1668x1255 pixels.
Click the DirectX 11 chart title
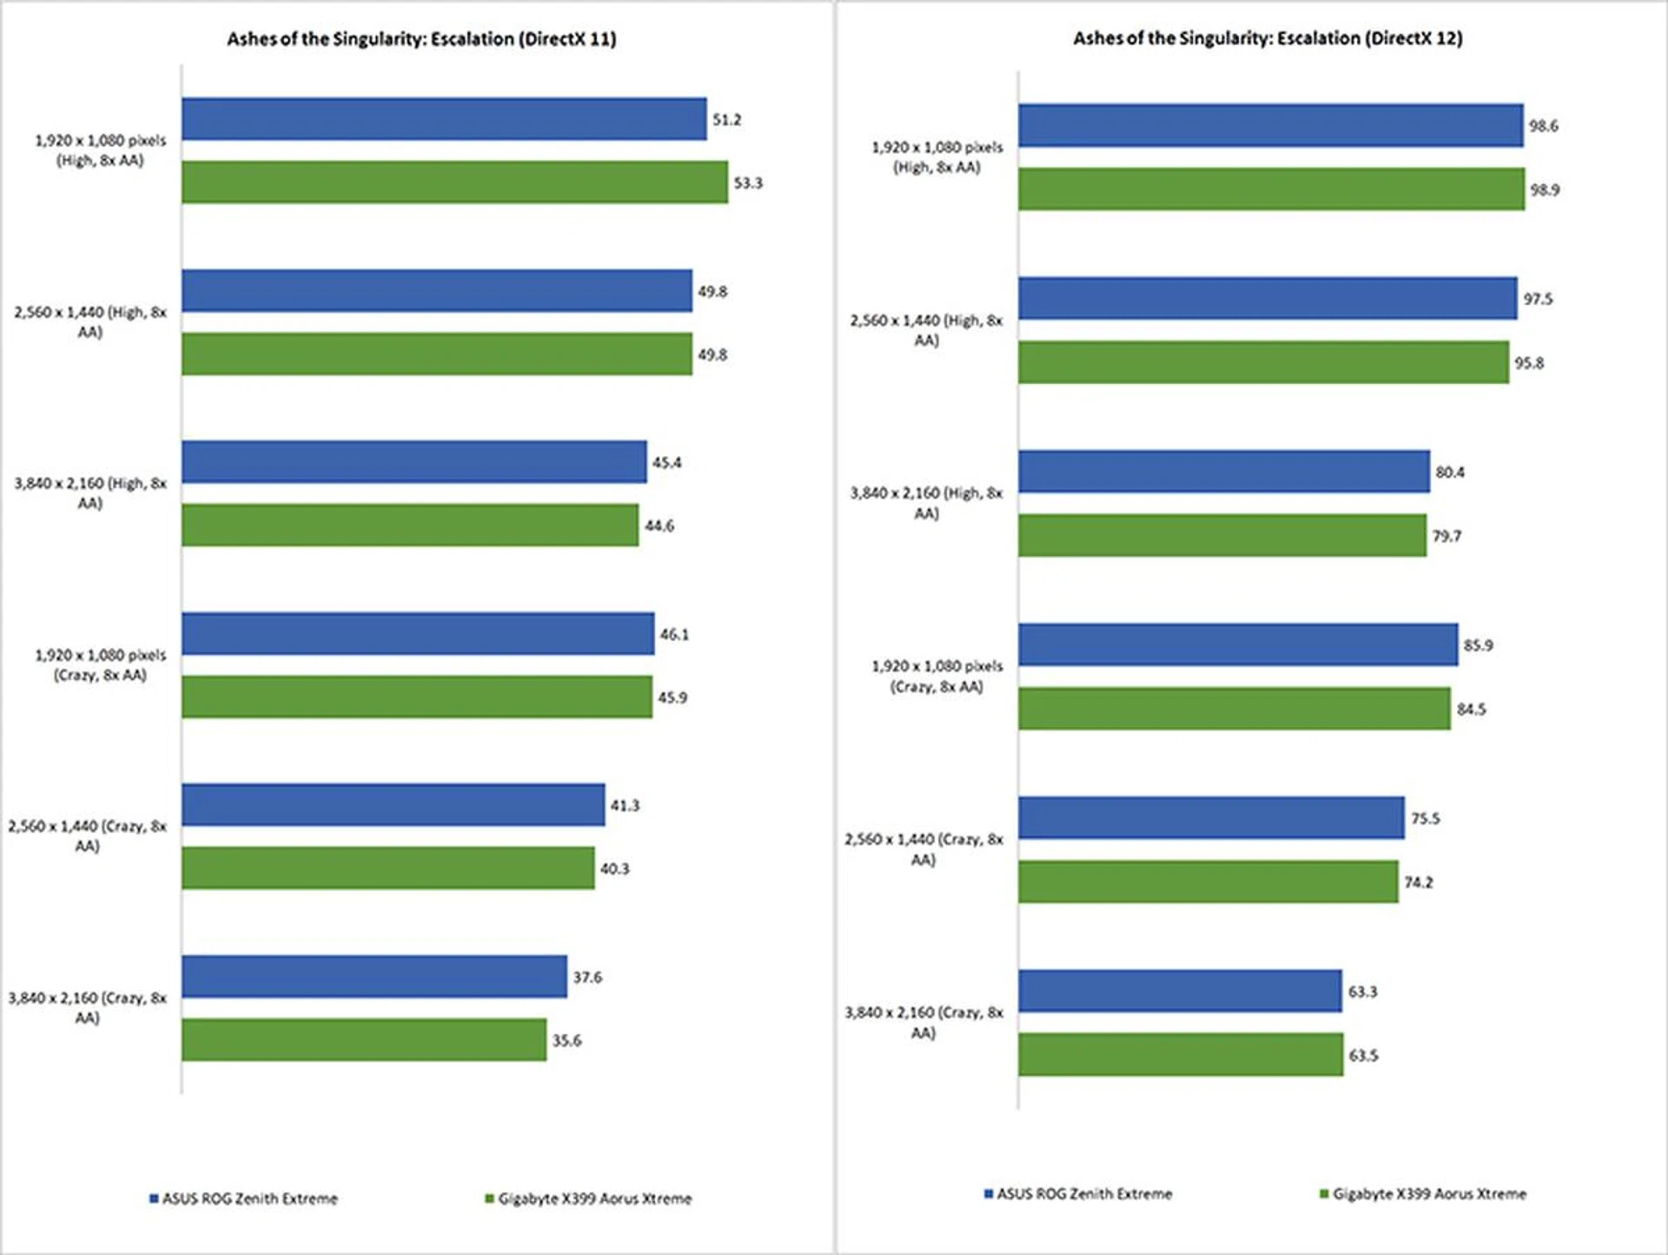point(421,39)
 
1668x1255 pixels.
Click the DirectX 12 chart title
point(1268,38)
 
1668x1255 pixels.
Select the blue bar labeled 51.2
point(444,119)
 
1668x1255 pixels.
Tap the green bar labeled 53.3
point(454,182)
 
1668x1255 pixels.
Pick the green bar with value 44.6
point(410,525)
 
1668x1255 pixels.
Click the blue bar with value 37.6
point(374,976)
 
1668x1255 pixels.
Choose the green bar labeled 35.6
point(364,1040)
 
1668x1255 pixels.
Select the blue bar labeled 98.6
point(1271,126)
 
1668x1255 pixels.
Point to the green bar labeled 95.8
point(1264,362)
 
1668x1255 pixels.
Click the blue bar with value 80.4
point(1224,472)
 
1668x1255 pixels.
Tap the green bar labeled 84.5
point(1234,709)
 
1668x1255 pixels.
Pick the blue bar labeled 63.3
point(1181,991)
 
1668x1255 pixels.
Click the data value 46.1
point(674,634)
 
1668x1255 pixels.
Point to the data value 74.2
point(1419,882)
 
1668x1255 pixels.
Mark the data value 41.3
point(625,805)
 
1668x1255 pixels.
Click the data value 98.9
point(1544,189)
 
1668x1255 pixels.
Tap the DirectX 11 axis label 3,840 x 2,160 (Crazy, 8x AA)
point(87,1007)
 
